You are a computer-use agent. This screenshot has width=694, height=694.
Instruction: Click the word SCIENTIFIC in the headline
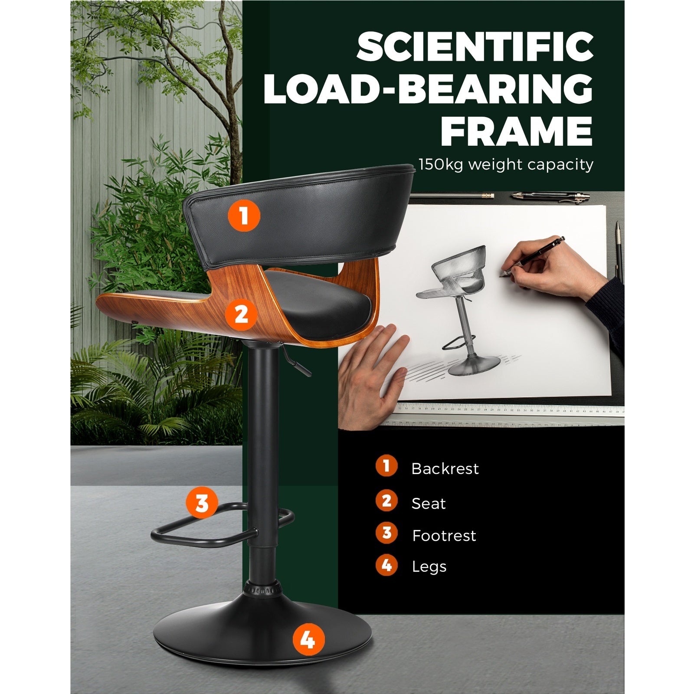[x=475, y=47]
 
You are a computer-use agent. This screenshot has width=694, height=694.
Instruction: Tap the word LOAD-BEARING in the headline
[x=428, y=89]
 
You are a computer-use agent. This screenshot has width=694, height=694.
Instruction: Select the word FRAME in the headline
[x=517, y=131]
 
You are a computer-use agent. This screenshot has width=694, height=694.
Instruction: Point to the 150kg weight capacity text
[x=506, y=165]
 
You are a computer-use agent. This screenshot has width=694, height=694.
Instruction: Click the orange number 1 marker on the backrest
[x=244, y=216]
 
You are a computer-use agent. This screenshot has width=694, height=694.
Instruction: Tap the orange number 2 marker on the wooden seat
[x=241, y=314]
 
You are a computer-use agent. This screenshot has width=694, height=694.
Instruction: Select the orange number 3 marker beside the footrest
[x=202, y=504]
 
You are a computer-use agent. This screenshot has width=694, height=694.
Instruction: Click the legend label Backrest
[x=445, y=468]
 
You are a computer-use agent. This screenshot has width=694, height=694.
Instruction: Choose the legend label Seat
[x=429, y=504]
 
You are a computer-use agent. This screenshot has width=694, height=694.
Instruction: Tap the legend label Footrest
[x=444, y=536]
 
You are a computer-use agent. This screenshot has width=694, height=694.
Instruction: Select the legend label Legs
[x=429, y=567]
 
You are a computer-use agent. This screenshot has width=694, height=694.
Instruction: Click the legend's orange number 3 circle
[x=386, y=533]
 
